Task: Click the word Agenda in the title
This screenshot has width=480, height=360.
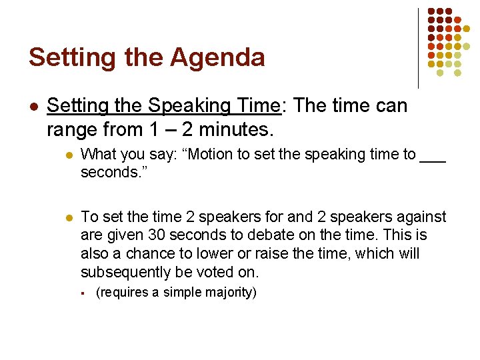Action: pos(217,58)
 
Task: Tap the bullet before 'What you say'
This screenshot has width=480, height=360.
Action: pos(66,155)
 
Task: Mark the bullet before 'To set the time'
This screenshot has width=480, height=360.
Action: pos(66,217)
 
